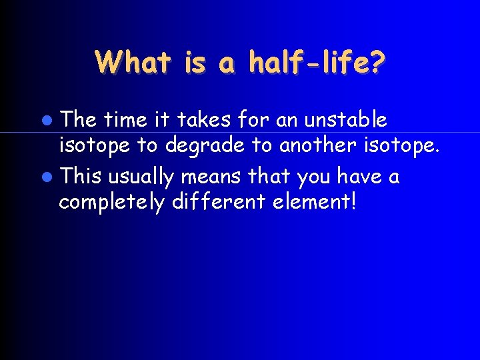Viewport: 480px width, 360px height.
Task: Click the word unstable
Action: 345,119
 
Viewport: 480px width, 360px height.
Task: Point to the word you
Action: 315,177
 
